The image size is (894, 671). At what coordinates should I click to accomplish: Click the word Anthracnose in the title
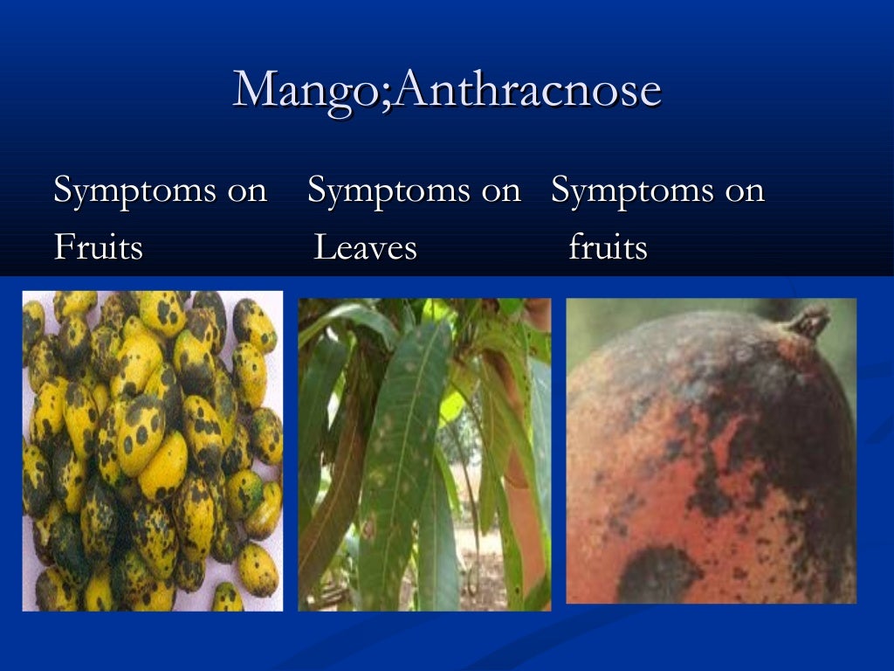(x=524, y=89)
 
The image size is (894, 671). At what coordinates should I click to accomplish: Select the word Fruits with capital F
(x=98, y=248)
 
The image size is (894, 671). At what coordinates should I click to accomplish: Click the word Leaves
(x=365, y=248)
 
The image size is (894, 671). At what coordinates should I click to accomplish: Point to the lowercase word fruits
(x=608, y=248)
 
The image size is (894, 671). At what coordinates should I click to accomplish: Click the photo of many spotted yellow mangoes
(x=153, y=450)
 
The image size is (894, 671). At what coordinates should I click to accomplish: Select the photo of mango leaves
(x=424, y=454)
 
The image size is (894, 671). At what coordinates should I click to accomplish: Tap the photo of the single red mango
(x=711, y=450)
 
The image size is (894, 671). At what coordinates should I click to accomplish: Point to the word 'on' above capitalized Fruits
(x=247, y=191)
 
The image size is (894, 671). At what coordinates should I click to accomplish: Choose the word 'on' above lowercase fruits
(x=745, y=191)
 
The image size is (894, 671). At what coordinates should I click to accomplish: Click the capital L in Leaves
(x=322, y=248)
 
